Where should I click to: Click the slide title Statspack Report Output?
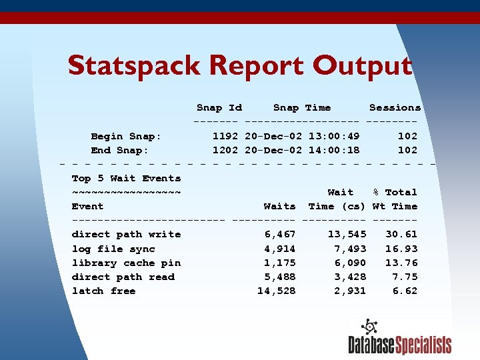pyautogui.click(x=240, y=67)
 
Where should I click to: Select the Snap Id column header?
pyautogui.click(x=219, y=108)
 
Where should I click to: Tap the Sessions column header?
pyautogui.click(x=395, y=108)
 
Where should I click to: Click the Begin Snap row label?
pyautogui.click(x=126, y=136)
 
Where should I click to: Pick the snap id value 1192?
pyautogui.click(x=226, y=136)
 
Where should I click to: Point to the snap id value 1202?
pyautogui.click(x=226, y=150)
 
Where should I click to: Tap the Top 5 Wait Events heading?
pyautogui.click(x=126, y=179)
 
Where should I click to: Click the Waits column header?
pyautogui.click(x=279, y=207)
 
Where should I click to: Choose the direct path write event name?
pyautogui.click(x=126, y=235)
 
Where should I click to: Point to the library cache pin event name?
pyautogui.click(x=126, y=263)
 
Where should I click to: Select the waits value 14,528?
pyautogui.click(x=277, y=291)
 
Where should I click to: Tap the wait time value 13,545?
pyautogui.click(x=347, y=235)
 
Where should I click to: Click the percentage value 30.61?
pyautogui.click(x=401, y=235)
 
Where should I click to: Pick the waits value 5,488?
pyautogui.click(x=280, y=277)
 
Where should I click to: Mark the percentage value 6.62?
pyautogui.click(x=405, y=291)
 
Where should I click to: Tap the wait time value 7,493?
pyautogui.click(x=350, y=249)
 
